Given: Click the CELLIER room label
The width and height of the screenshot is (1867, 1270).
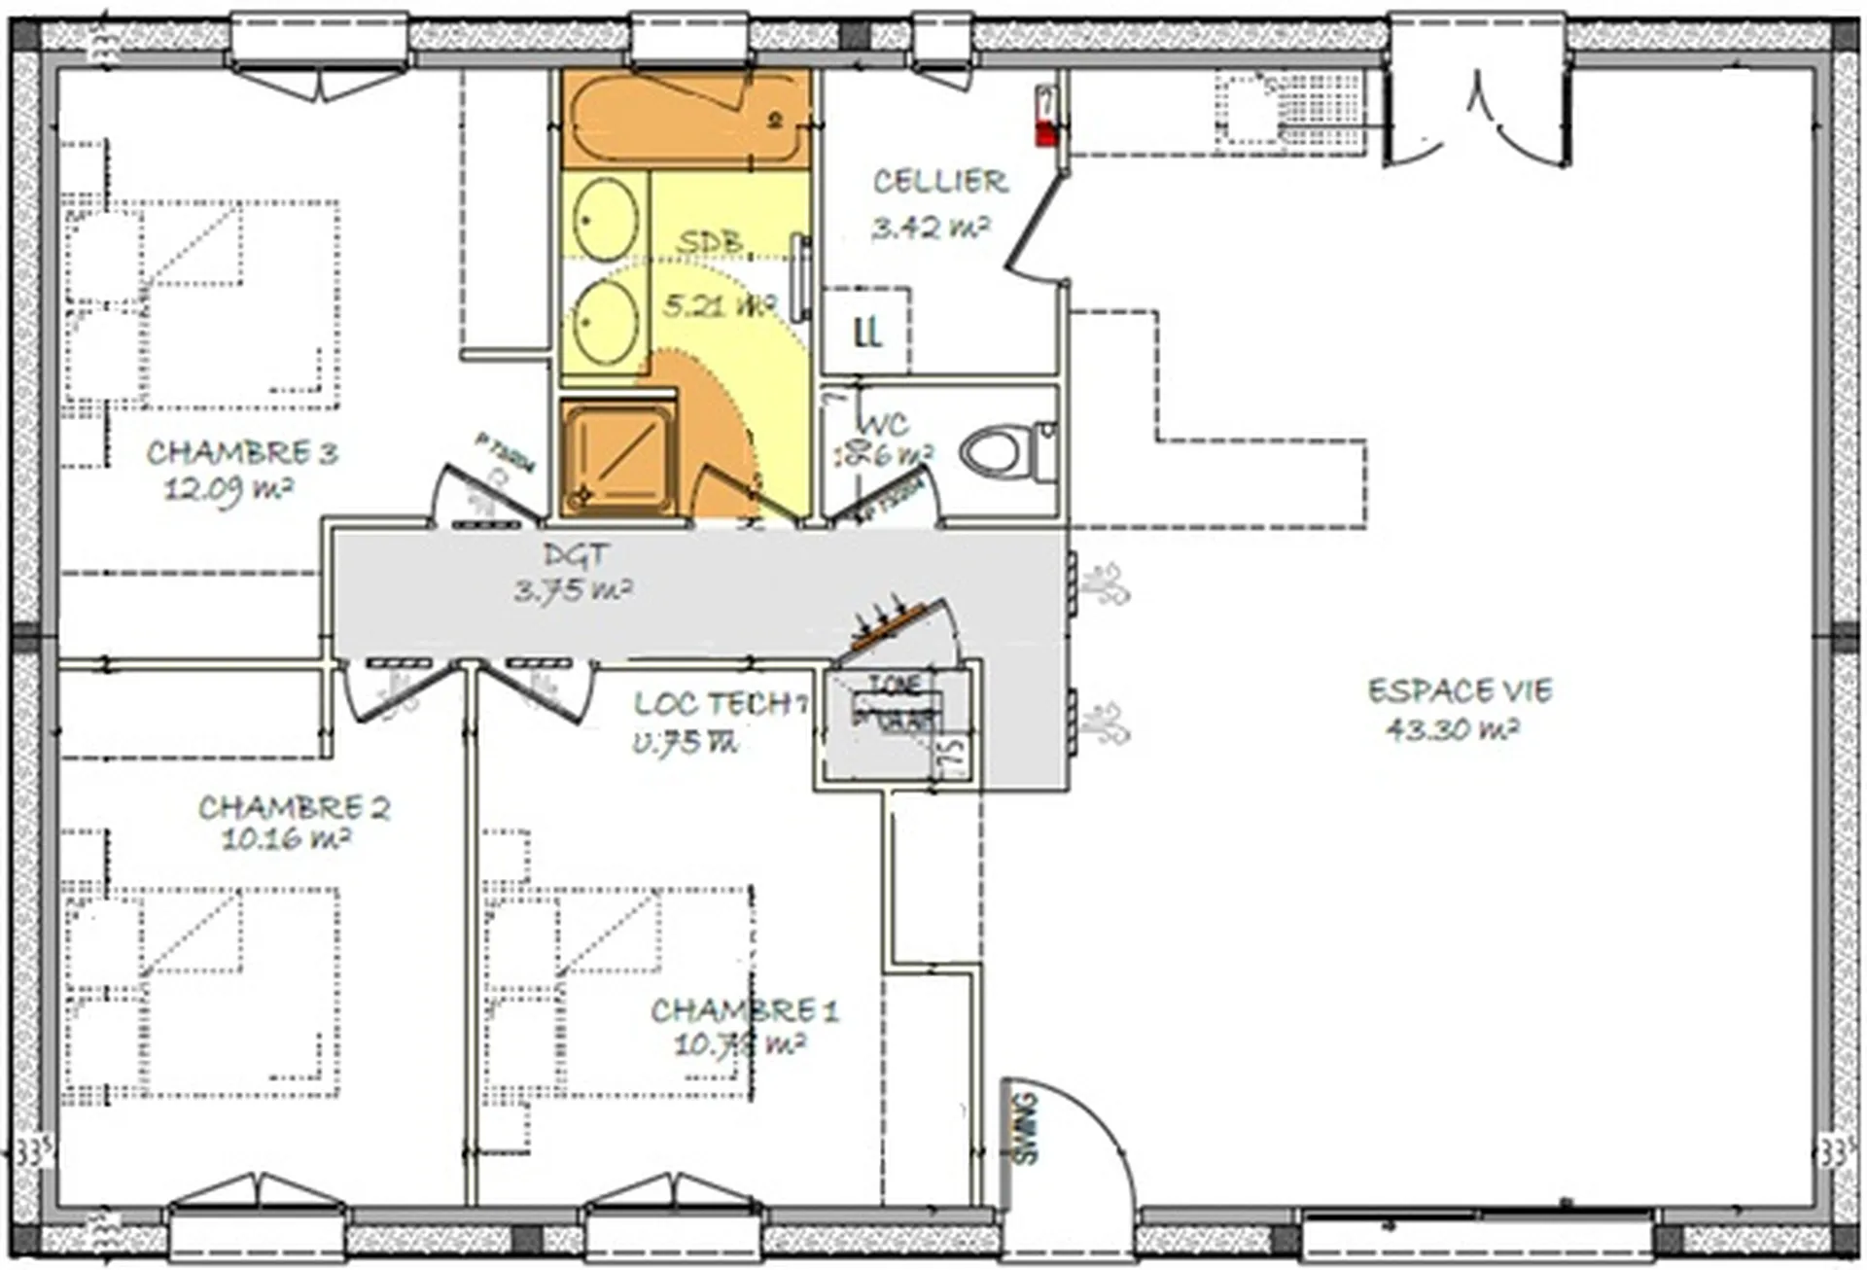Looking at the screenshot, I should click(x=939, y=182).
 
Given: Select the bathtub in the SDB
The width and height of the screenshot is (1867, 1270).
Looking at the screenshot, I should click(x=686, y=119).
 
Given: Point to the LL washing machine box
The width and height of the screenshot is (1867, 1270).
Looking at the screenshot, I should click(x=866, y=332).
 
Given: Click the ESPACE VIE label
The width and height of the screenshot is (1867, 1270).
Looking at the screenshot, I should click(x=1460, y=691).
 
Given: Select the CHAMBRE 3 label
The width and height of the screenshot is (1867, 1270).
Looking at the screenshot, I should click(x=241, y=453).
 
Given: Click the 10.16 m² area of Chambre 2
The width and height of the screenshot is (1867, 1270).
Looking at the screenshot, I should click(x=285, y=839).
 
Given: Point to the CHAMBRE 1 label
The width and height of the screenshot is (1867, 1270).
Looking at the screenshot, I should click(x=744, y=1011).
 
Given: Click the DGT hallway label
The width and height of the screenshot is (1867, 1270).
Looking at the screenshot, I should click(x=577, y=555).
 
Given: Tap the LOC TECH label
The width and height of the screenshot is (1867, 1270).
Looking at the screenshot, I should click(x=720, y=704).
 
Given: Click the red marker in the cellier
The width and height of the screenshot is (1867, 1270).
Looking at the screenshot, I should click(x=1046, y=135).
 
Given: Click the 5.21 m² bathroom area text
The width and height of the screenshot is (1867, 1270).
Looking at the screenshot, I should click(x=719, y=305).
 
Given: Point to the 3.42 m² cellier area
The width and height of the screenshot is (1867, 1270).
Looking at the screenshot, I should click(x=930, y=229).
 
